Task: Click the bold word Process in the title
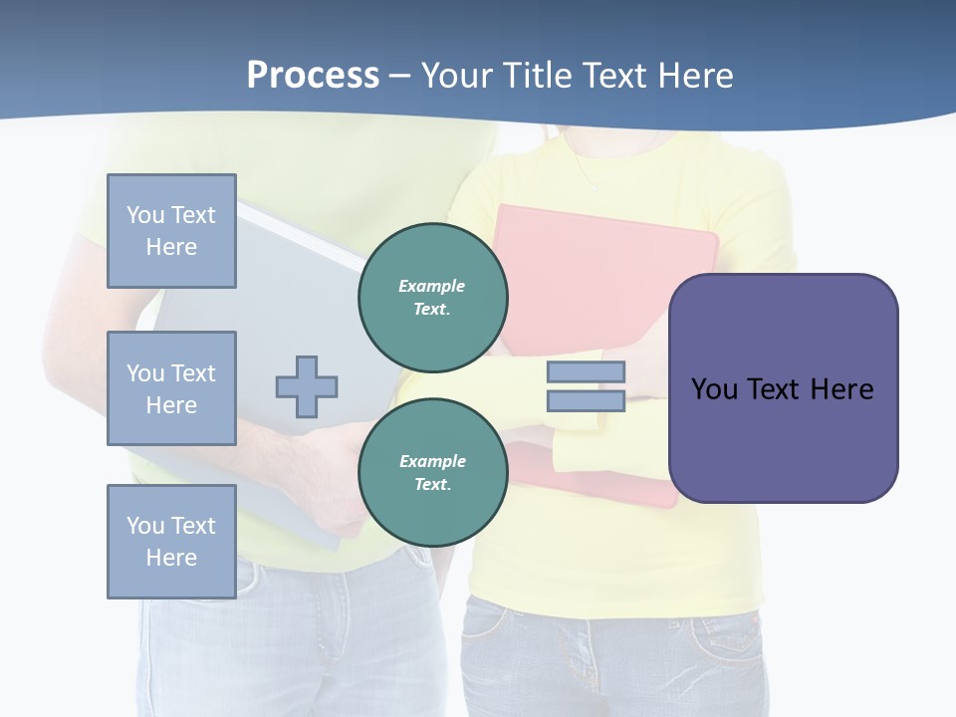coord(313,76)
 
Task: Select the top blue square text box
coord(171,231)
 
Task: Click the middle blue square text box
coord(171,388)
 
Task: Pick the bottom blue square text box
coord(171,542)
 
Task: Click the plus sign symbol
coord(307,386)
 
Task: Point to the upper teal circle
coord(433,298)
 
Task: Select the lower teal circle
coord(433,473)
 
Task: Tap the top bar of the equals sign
coord(586,372)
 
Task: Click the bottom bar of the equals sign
coord(586,401)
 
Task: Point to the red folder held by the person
coord(607,259)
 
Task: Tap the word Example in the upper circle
coord(432,286)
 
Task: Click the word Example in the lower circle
coord(432,461)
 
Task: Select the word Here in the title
coord(695,76)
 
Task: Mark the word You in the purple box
coord(714,389)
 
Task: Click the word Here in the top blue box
coord(171,247)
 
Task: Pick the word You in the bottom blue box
coord(145,526)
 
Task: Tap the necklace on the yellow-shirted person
coord(593,179)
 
